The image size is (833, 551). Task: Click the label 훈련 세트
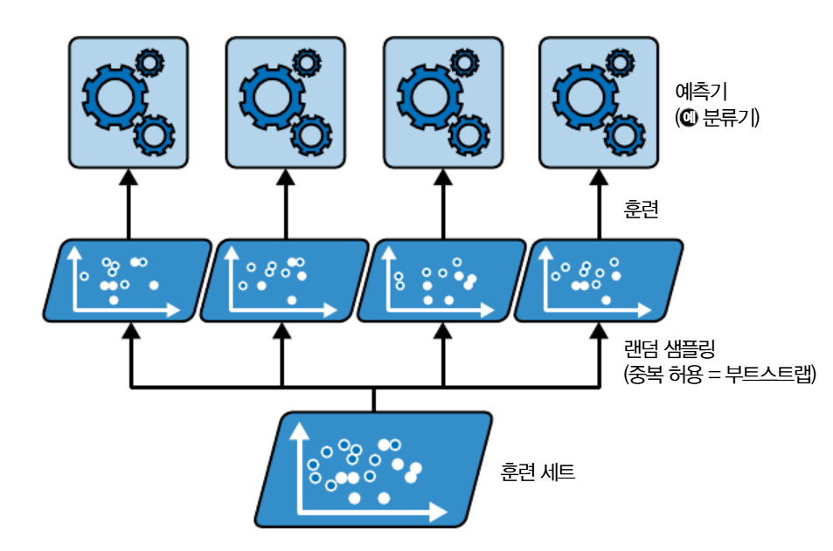[x=538, y=473]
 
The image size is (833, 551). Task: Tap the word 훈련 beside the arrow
[x=641, y=210]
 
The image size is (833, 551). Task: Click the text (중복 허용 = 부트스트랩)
[x=719, y=376]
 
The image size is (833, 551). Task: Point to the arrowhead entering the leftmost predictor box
[x=128, y=176]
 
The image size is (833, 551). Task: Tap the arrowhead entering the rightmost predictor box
[x=600, y=176]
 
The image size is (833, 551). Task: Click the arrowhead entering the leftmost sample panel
[x=130, y=330]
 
